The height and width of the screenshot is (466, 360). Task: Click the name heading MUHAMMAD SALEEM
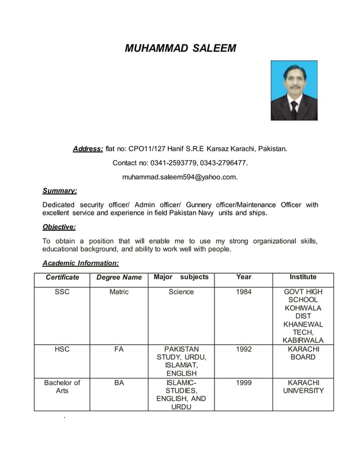180,49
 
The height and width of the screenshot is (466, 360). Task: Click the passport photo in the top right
294,90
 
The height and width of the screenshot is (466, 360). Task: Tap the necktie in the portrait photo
294,109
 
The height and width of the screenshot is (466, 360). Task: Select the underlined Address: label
87,149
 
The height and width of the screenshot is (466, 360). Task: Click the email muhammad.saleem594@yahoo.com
180,177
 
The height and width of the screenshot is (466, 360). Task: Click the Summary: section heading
60,191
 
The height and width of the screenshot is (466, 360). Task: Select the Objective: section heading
59,227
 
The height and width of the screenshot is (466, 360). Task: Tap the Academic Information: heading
81,263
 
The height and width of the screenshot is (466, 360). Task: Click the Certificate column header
62,277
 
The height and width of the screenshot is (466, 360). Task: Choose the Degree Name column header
119,277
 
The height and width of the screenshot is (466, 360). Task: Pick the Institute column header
303,277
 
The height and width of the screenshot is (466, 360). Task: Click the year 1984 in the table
244,292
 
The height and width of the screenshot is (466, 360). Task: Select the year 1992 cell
244,349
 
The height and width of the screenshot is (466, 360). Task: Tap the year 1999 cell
244,383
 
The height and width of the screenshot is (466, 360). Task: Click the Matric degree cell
119,292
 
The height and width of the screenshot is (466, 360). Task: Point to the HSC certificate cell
62,349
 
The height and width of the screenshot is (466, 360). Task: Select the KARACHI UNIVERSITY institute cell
303,386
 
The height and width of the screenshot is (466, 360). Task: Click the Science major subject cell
181,292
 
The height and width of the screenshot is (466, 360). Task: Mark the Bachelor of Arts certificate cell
62,386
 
